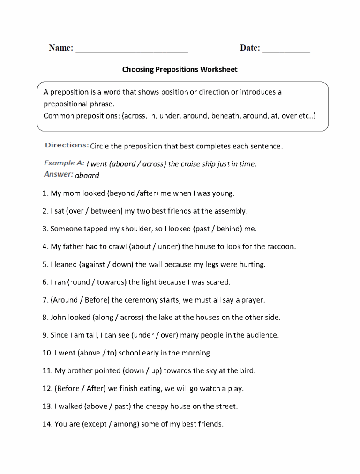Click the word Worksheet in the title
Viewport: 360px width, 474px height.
pos(219,69)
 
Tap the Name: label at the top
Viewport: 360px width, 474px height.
pos(61,48)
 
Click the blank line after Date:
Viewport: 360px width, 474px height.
pos(286,49)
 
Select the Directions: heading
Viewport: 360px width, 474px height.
pos(66,145)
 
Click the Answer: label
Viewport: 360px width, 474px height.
pos(59,174)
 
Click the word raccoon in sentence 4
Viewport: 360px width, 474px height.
pos(281,246)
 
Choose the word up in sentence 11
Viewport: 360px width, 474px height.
pos(156,371)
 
